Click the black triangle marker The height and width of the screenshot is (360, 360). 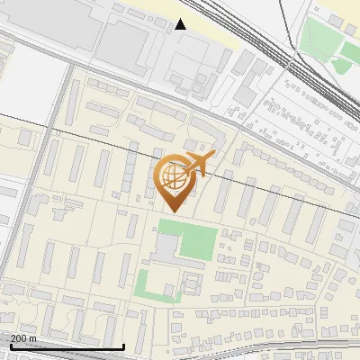181,24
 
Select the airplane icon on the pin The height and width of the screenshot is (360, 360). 199,164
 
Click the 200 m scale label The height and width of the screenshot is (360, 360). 23,337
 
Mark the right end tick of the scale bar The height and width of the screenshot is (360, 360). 123,345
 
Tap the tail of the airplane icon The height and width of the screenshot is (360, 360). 211,159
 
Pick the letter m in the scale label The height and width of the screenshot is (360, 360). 32,337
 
